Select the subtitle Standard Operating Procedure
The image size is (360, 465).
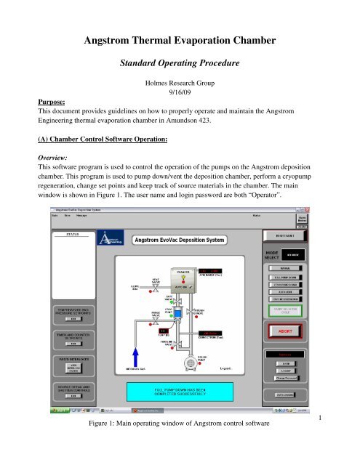coord(180,63)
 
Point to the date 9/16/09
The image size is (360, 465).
coord(180,94)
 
